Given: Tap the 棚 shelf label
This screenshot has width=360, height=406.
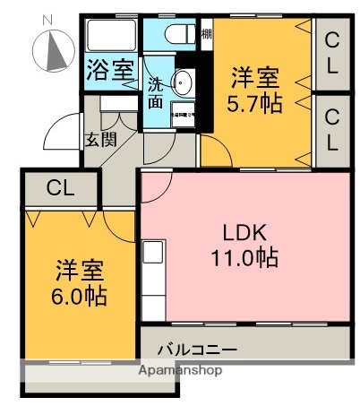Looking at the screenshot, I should coord(205,34).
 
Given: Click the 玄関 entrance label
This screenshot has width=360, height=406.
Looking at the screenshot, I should coord(99,140).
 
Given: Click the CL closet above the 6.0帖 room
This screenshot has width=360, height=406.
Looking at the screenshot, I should coord(60,188).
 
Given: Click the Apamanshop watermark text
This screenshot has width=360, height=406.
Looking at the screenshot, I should coord(180,369).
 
